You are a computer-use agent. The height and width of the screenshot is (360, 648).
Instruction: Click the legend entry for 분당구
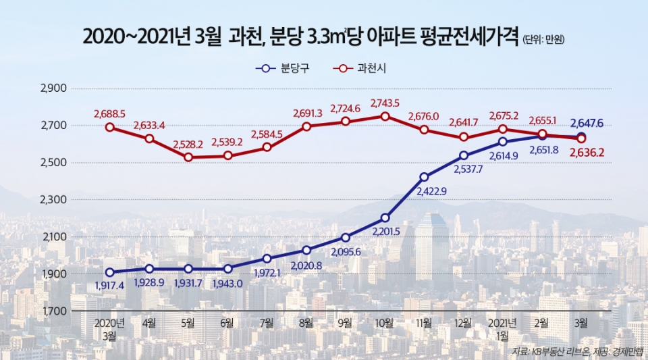(283, 68)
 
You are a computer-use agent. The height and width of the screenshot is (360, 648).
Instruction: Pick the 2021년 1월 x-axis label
(503, 328)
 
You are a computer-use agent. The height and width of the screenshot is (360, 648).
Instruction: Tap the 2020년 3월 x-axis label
(110, 328)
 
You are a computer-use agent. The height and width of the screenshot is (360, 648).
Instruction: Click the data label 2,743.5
(385, 103)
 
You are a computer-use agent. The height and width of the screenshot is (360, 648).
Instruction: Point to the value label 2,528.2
(188, 145)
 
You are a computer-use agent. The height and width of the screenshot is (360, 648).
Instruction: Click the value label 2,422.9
(424, 192)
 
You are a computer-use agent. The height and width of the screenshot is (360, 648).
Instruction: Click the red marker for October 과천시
(385, 116)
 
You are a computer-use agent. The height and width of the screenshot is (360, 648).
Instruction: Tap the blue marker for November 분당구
(424, 177)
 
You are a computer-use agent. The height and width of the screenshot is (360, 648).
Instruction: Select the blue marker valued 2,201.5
(385, 217)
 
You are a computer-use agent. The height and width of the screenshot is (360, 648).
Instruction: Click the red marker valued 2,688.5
(110, 127)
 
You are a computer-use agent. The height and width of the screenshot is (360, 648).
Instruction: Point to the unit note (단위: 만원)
(543, 40)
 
